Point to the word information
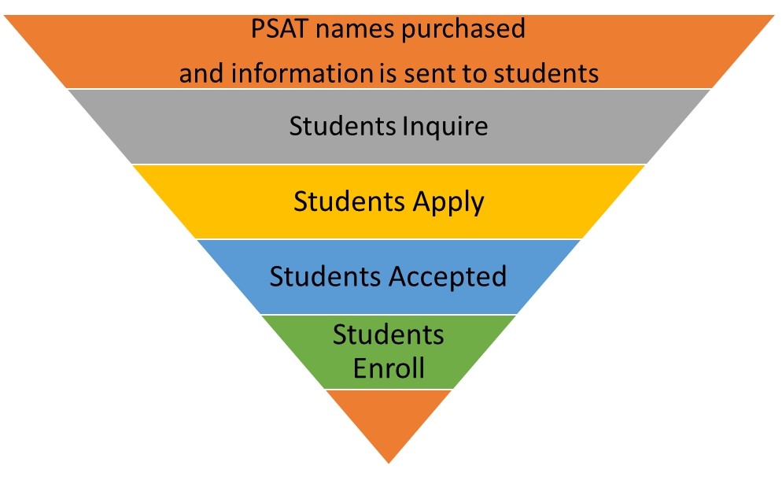coord(306,73)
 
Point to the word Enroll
coord(389,368)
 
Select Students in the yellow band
coord(349,201)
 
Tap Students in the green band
coord(389,334)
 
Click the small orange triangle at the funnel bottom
coord(389,421)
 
